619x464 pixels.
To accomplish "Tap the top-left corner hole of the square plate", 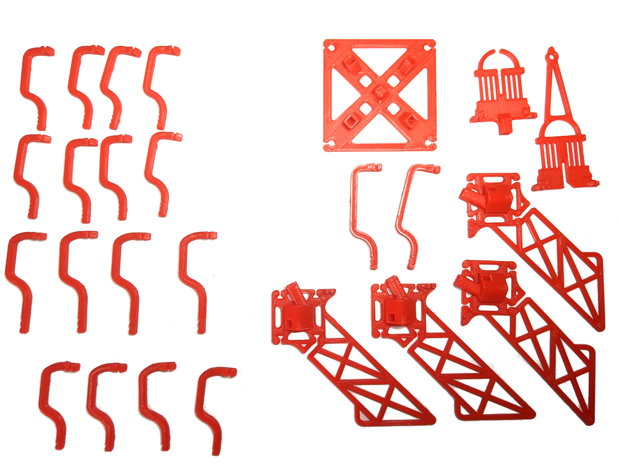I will coord(330,47).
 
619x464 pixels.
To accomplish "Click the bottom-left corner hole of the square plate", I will coord(331,144).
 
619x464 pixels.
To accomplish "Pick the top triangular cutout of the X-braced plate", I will coord(380,58).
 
